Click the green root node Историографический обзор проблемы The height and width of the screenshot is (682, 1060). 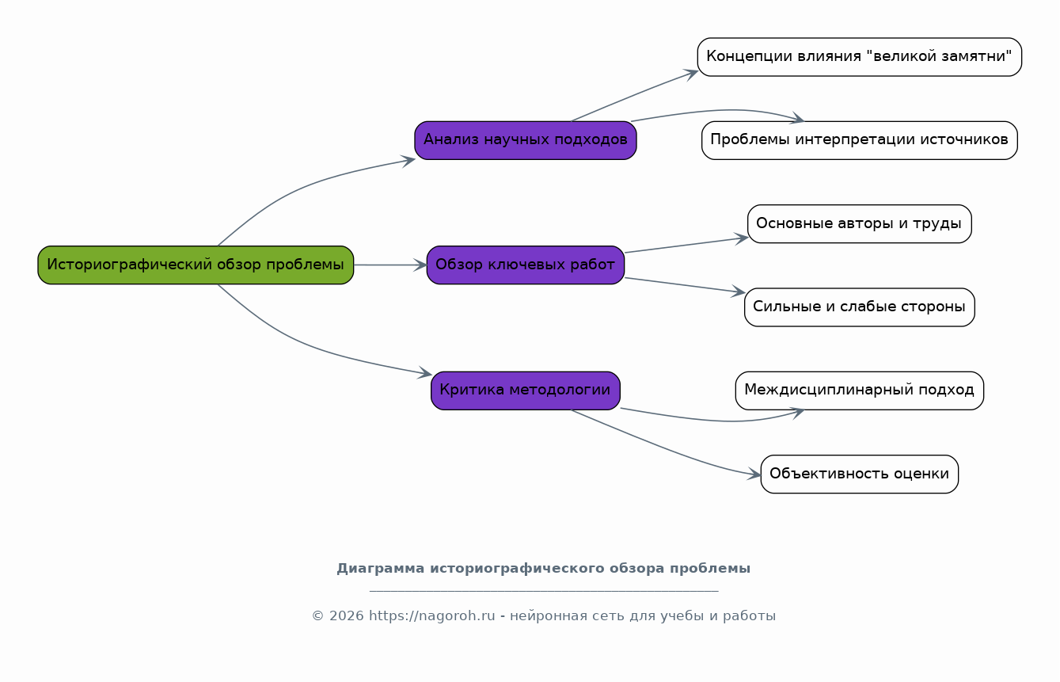196,265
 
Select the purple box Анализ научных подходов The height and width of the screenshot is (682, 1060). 526,140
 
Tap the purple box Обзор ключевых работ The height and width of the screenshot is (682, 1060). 526,265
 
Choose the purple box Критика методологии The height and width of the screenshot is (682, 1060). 526,391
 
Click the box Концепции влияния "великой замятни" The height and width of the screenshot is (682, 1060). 860,57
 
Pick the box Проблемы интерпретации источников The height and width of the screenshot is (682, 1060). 860,140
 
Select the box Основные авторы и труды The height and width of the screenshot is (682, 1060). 860,223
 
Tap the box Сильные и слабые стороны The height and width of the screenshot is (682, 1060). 860,307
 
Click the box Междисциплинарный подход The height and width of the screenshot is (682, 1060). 860,391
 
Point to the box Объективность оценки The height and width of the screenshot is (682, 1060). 860,474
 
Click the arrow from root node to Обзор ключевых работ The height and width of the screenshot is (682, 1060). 390,265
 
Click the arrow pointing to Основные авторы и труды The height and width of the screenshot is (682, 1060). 686,245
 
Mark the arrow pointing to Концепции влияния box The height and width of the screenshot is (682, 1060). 634,96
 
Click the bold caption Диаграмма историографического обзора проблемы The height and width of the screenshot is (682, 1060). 543,569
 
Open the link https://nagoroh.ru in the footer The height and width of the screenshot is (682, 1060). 431,615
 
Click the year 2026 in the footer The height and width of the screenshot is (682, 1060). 347,615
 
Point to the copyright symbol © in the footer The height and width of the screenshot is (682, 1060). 317,615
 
